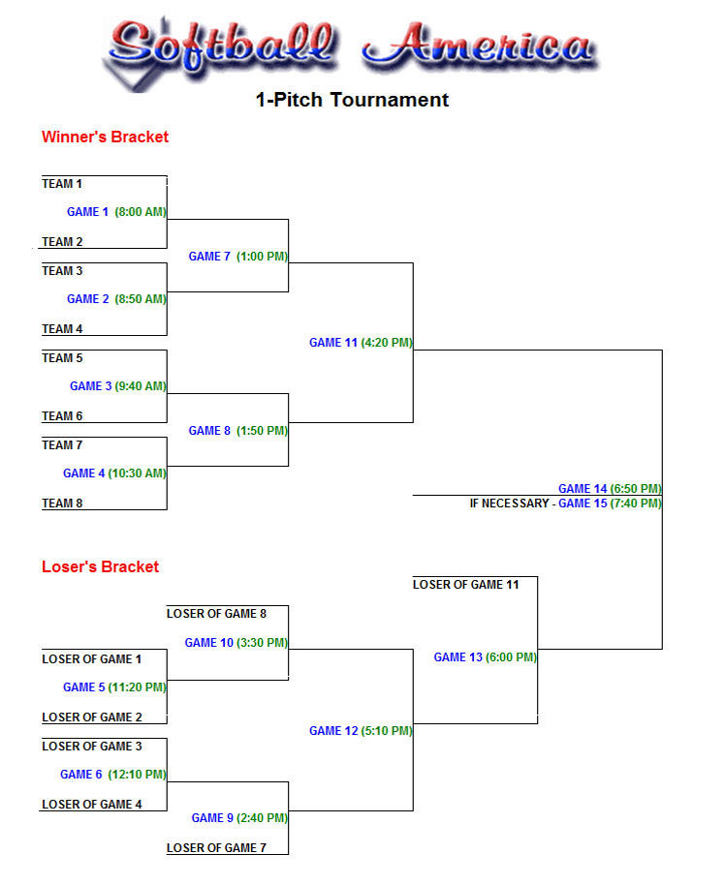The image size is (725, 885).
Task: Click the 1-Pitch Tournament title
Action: point(352,100)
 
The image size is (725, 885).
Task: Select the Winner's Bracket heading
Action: point(105,137)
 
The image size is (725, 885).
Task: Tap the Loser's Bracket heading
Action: point(100,566)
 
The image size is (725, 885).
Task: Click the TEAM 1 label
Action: point(62,184)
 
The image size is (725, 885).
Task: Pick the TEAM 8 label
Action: point(62,504)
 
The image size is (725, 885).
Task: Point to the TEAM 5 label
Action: point(62,358)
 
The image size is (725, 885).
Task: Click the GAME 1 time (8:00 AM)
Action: point(141,212)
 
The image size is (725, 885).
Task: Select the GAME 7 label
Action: point(209,257)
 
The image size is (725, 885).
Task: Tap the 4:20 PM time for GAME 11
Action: point(387,343)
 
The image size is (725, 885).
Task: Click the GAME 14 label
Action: point(583,489)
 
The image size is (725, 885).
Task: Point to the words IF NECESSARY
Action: point(509,504)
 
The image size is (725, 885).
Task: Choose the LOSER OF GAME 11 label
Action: point(466,585)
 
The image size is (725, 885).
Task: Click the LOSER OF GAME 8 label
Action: point(216,614)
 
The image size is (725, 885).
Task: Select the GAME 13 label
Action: point(457,657)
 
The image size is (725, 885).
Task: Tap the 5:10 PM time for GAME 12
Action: point(387,731)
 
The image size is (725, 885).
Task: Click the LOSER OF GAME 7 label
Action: point(216,848)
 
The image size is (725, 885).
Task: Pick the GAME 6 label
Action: point(81,775)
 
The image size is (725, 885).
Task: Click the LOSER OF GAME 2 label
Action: point(92,717)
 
